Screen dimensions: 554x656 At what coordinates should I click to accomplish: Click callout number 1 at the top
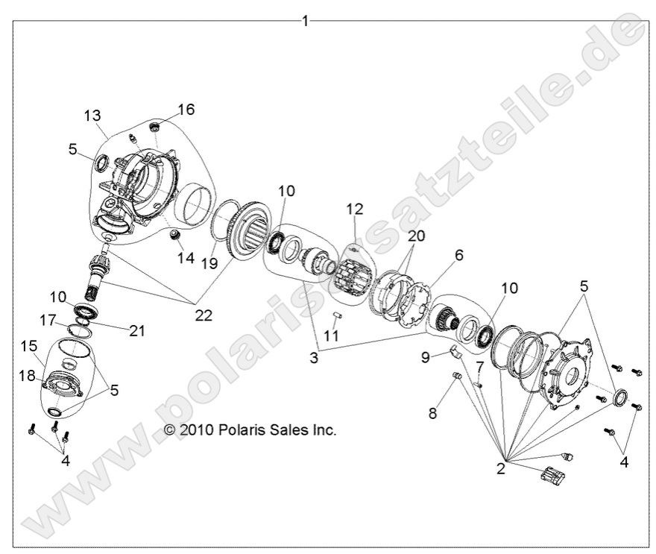point(304,22)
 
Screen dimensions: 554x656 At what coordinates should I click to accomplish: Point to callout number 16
point(186,110)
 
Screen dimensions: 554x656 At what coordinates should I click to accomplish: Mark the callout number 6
point(458,255)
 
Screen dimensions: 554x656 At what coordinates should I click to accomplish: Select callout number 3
point(314,358)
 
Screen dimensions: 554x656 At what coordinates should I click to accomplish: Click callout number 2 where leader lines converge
point(501,468)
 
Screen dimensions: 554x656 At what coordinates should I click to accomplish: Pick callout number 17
point(48,321)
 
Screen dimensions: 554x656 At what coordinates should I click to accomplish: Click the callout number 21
point(136,331)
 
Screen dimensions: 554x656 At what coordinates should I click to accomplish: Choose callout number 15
point(28,347)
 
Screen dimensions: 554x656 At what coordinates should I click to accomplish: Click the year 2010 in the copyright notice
point(195,430)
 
